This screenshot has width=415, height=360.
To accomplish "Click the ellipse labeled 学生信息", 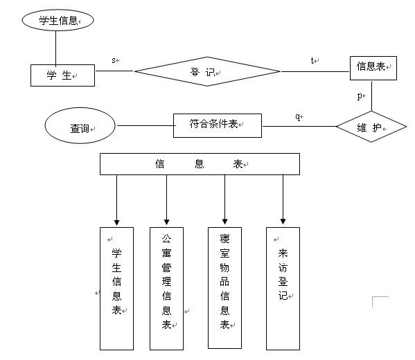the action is [x=58, y=20].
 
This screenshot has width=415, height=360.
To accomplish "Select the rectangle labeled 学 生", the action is [x=62, y=75].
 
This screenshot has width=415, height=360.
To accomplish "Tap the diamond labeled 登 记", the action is [x=207, y=71].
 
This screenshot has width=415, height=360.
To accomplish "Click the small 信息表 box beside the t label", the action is [x=373, y=68].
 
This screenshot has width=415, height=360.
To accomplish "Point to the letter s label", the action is [x=114, y=60].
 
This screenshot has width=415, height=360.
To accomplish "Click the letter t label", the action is [x=312, y=60].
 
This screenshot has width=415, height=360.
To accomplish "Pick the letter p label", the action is [x=360, y=96].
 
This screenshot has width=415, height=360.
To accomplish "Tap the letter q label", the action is [x=298, y=116].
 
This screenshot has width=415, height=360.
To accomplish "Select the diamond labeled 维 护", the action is [x=371, y=127].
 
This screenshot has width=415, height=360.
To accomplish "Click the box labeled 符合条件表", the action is [x=218, y=125].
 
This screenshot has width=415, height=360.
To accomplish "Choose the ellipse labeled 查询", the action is [x=80, y=125].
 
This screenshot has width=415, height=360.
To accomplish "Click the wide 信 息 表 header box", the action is [x=200, y=164].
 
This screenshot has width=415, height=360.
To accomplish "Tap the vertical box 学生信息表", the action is [x=116, y=289].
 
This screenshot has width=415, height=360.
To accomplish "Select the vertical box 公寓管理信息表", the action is [x=166, y=289].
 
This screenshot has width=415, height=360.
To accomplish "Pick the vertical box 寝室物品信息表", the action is [x=224, y=288].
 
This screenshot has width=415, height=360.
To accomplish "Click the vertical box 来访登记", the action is [x=283, y=289].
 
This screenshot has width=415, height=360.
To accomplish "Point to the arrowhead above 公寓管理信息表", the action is [x=166, y=222].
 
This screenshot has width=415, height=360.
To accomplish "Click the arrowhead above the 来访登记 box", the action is [x=283, y=222].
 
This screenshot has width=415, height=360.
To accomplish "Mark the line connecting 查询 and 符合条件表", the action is [x=145, y=125].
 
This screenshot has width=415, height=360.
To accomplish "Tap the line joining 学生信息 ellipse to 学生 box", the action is [x=55, y=48].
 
